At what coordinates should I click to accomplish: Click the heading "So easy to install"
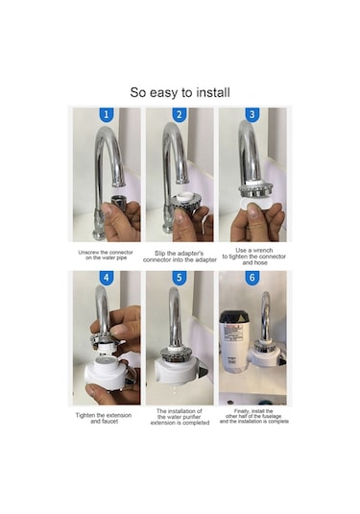pyautogui.click(x=180, y=93)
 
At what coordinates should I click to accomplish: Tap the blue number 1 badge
pyautogui.click(x=107, y=115)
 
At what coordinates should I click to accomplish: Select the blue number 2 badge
pyautogui.click(x=180, y=115)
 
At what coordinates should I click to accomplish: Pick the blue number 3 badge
pyautogui.click(x=252, y=115)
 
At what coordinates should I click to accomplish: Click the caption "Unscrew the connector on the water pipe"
pyautogui.click(x=107, y=255)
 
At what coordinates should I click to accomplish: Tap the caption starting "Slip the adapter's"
pyautogui.click(x=180, y=257)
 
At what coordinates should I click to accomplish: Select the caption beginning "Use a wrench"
pyautogui.click(x=253, y=255)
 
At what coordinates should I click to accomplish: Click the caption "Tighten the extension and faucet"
pyautogui.click(x=107, y=418)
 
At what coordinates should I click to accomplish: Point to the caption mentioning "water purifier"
pyautogui.click(x=180, y=417)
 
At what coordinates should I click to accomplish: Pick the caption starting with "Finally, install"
pyautogui.click(x=253, y=417)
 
